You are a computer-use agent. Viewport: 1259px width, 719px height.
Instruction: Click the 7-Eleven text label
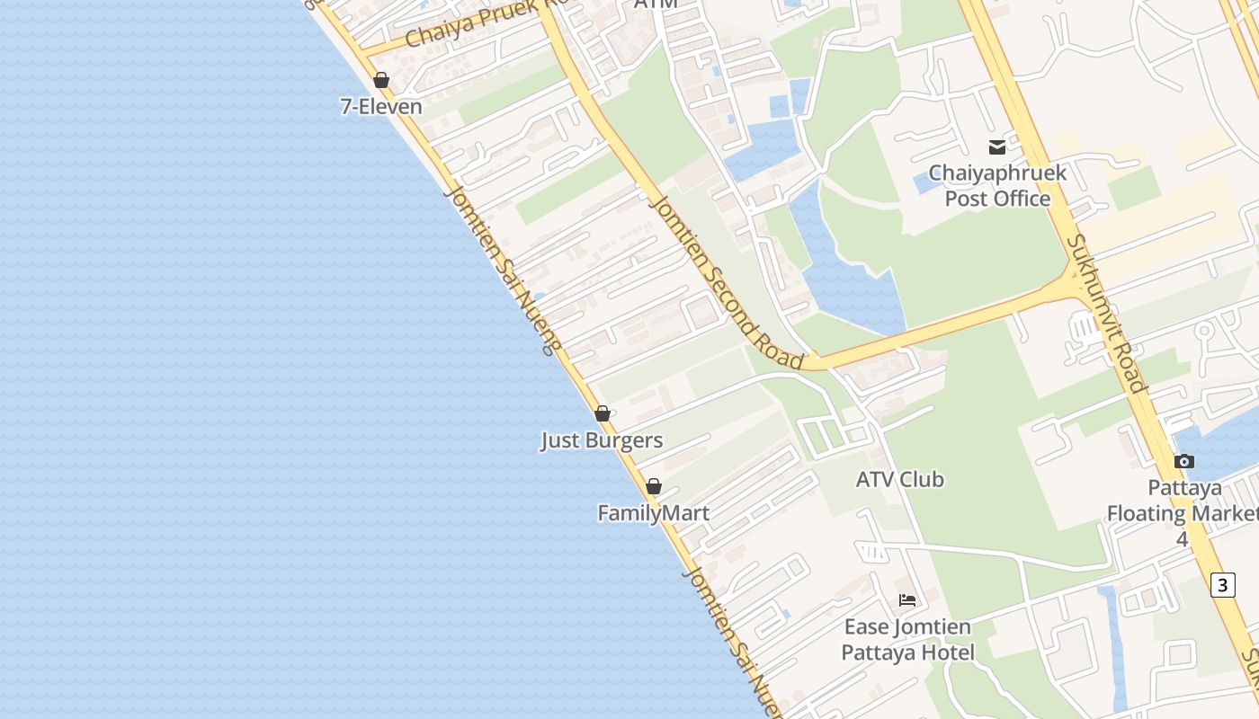380,106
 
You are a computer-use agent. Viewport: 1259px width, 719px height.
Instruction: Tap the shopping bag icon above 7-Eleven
381,80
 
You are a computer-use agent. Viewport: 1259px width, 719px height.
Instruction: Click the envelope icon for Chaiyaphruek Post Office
997,147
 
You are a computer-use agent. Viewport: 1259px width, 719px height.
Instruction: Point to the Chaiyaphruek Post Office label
997,185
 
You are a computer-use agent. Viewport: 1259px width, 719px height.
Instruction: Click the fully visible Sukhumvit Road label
1106,315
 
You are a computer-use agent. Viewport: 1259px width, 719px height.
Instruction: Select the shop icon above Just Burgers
603,413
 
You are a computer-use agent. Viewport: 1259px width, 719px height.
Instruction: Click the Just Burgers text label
602,440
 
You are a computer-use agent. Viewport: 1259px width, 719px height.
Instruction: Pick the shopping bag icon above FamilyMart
654,486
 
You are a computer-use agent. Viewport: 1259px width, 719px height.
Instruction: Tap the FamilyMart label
654,513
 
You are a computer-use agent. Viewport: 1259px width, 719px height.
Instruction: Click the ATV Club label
899,479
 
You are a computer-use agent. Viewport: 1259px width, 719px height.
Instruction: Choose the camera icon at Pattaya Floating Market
1184,461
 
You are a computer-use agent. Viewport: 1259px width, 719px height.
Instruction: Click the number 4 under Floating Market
1183,539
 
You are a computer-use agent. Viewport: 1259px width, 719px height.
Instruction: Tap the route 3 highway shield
1222,585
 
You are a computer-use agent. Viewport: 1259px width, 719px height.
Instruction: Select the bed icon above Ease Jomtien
907,599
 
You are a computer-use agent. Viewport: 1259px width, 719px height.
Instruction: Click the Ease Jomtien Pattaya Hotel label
907,639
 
